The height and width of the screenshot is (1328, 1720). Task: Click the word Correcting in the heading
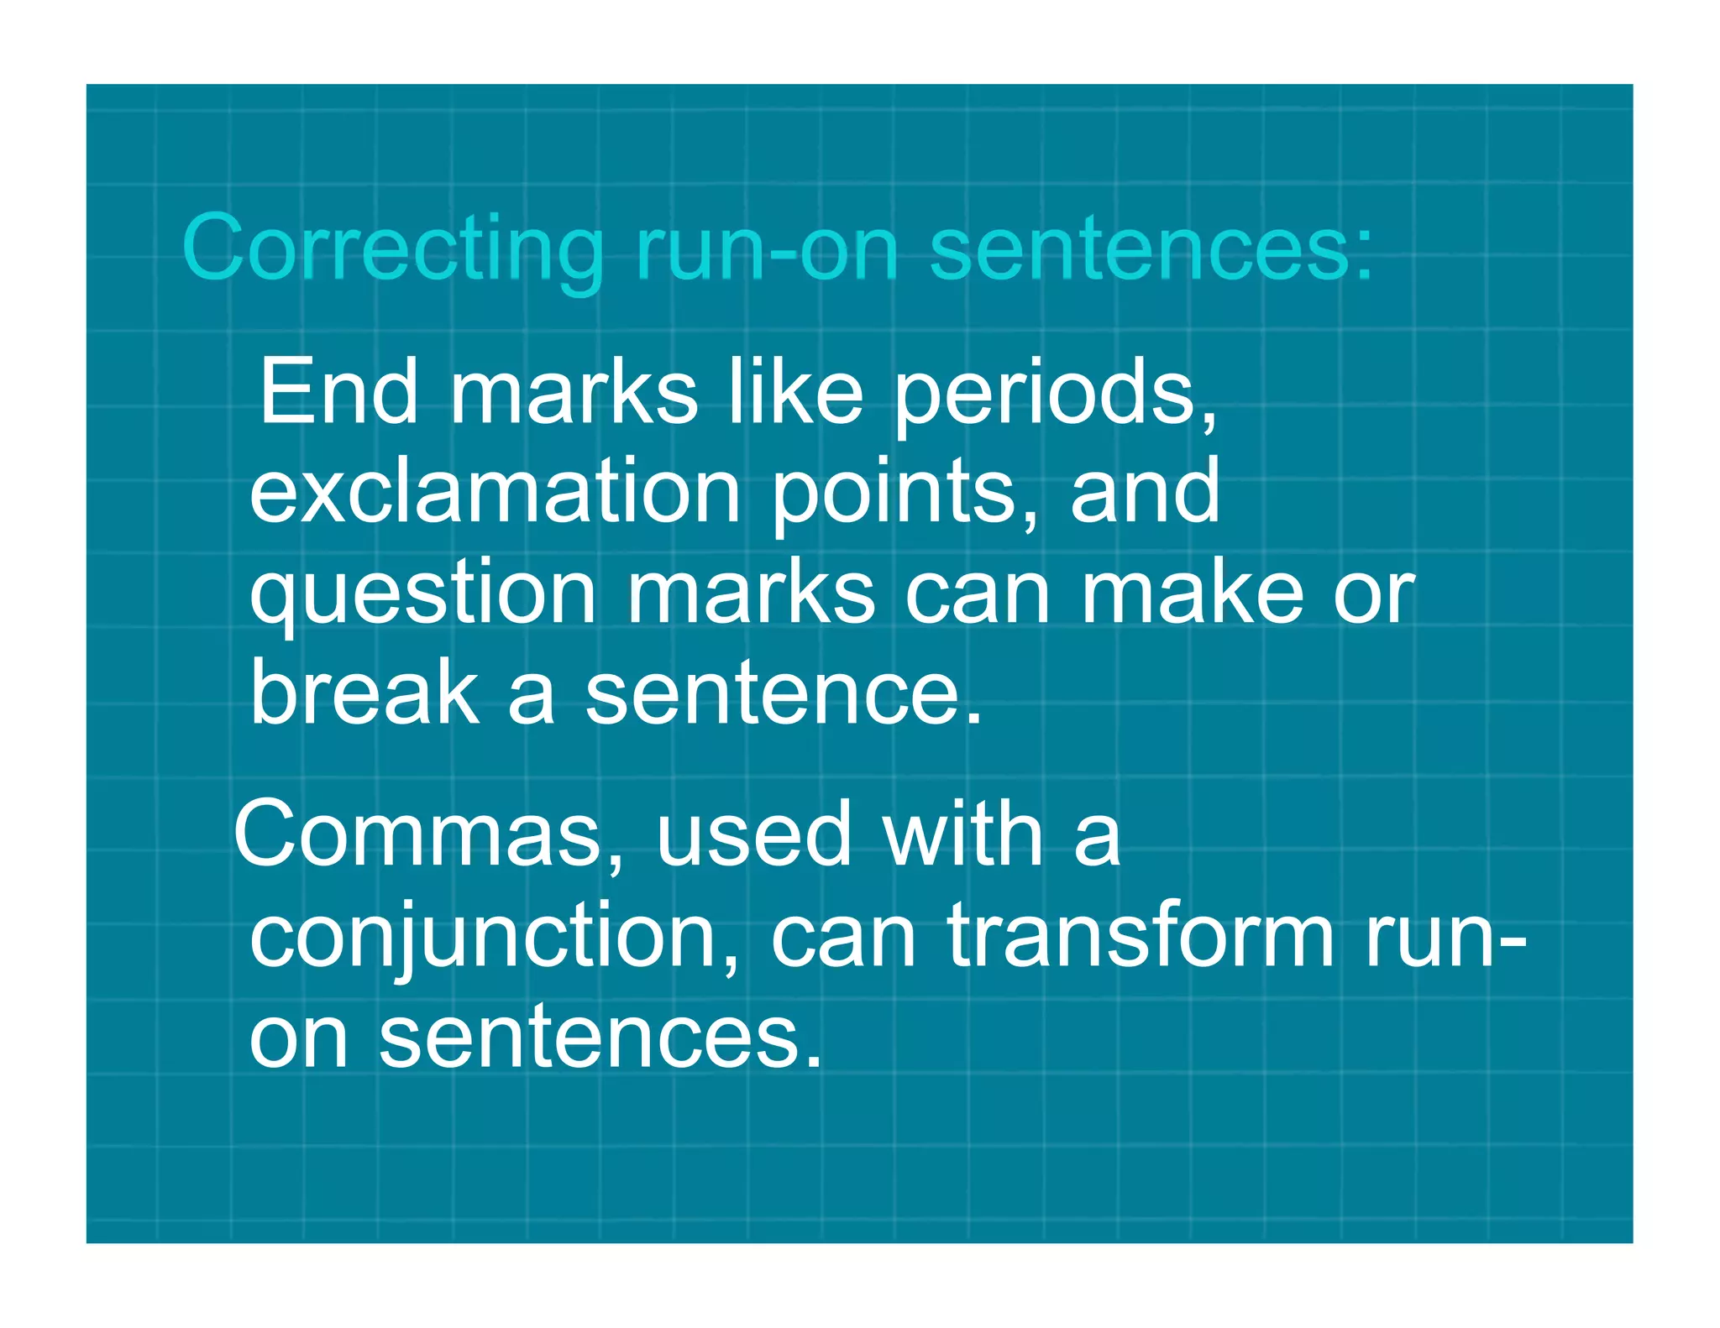point(392,248)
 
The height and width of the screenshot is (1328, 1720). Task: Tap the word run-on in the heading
point(767,248)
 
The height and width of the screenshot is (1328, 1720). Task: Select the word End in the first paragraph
point(338,391)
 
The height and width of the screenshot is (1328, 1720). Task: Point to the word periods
point(1053,393)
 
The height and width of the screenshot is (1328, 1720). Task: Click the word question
point(422,594)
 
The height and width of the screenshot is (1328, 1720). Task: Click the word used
point(753,834)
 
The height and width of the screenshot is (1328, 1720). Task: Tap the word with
point(963,834)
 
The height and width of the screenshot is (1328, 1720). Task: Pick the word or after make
point(1374,594)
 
